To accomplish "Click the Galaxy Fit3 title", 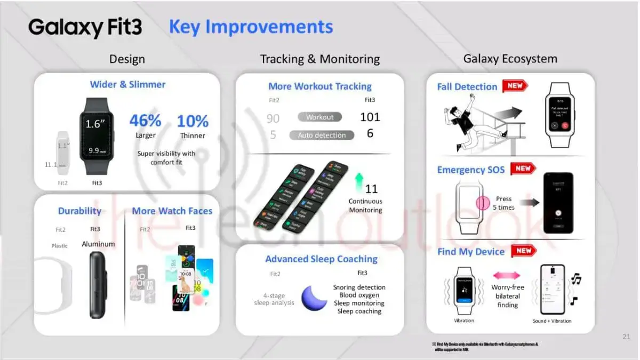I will [85, 27].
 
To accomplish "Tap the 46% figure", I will [145, 121].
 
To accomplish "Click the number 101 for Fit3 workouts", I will [370, 117].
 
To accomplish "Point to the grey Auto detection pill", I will [322, 135].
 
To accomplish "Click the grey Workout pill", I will [319, 117].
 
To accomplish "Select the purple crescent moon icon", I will [314, 298].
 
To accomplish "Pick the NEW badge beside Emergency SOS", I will [523, 169].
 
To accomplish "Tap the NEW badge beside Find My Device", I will [523, 251].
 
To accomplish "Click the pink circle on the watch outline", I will [483, 203].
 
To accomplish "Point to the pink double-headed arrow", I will [507, 275].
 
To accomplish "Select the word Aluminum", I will [98, 244].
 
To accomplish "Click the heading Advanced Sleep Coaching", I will [321, 259].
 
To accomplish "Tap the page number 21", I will [626, 337].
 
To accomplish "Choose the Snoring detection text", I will [359, 287].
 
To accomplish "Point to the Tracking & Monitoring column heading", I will [320, 59].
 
